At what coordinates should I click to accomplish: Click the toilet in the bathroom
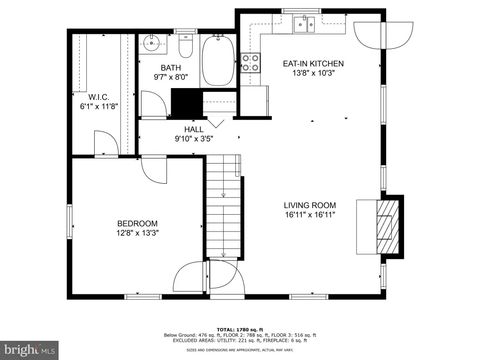(186, 46)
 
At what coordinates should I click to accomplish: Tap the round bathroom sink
(151, 43)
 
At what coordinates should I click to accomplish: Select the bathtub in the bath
(218, 60)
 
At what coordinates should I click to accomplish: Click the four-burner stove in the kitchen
(250, 63)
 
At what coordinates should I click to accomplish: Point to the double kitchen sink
(304, 24)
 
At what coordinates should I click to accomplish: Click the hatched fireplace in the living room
(388, 227)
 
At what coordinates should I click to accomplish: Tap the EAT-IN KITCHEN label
(313, 64)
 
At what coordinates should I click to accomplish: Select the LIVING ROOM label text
(310, 205)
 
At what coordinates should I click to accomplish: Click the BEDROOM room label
(137, 224)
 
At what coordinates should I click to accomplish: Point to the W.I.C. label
(99, 97)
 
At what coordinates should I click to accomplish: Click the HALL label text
(194, 129)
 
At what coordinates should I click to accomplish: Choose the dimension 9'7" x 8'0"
(171, 77)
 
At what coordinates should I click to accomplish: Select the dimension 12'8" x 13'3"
(137, 233)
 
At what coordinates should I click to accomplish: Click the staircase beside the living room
(224, 206)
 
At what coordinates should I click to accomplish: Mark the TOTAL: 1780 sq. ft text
(240, 330)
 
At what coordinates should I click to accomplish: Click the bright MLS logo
(30, 350)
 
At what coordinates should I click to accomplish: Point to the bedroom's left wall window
(69, 221)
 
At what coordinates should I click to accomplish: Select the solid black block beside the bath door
(187, 102)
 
